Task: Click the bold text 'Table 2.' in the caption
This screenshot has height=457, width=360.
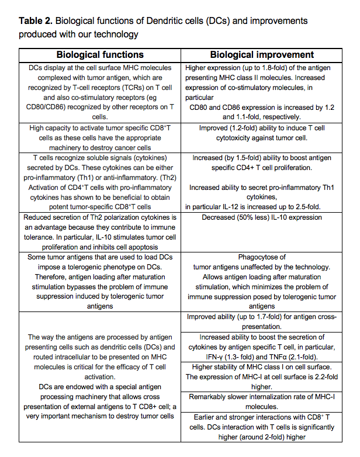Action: [x=36, y=21]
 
